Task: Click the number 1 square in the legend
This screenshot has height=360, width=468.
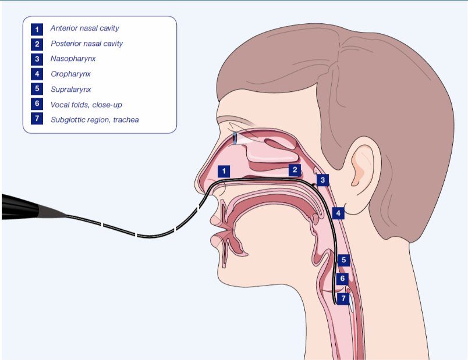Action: [37, 29]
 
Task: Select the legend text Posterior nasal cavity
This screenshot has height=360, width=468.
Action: [87, 44]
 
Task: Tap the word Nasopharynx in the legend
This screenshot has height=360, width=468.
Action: [73, 59]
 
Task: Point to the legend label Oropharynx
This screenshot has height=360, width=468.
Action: [70, 74]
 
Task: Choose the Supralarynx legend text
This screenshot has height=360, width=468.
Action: [71, 89]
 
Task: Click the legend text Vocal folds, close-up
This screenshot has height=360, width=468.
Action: [86, 105]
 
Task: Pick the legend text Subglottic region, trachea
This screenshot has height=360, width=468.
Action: [95, 120]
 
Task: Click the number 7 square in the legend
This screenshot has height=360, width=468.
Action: [37, 119]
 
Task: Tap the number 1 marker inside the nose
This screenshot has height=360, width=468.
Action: [224, 171]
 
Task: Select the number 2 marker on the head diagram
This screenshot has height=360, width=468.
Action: [295, 170]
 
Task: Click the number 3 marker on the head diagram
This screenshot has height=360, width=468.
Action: [322, 180]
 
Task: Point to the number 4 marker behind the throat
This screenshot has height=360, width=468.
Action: [338, 213]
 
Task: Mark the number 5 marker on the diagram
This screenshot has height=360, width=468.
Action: [343, 260]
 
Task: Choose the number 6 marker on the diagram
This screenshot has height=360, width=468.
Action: [342, 279]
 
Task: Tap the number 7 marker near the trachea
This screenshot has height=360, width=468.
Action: [343, 298]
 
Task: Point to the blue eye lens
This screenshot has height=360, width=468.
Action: [235, 138]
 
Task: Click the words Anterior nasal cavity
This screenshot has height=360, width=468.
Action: [85, 28]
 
